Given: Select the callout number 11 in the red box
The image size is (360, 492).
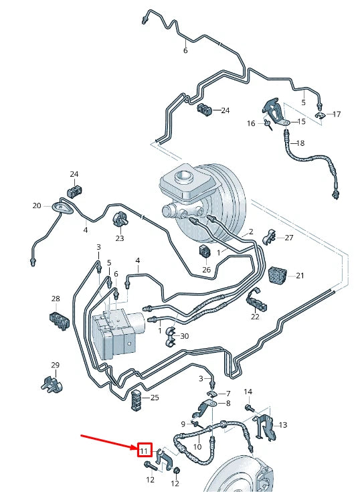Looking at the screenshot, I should pos(145,450).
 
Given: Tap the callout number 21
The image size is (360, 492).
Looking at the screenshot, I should pos(300,276).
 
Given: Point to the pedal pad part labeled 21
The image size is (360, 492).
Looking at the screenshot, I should pos(277,273).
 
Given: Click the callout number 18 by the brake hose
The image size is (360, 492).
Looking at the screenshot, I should pos(300,143).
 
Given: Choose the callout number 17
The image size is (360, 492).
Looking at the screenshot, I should pos(337,114).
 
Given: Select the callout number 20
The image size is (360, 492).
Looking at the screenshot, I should pos(36,206).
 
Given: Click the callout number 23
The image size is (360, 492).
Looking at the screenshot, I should pos(119,238).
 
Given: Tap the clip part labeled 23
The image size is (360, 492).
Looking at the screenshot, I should pos(121,219).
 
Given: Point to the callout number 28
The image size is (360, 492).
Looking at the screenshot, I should pos(56,299).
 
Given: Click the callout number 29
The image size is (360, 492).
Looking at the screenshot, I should pos(56,365).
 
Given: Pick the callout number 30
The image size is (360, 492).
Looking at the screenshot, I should pos(185,336).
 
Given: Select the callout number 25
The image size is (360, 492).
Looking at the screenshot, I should pos(155,398).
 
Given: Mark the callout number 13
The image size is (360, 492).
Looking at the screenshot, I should pos(282,425).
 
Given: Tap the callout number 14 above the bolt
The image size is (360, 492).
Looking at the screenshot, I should pos(248,392).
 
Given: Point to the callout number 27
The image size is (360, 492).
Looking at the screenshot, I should pos(289,238).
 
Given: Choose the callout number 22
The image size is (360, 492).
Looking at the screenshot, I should pos(255,317).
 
